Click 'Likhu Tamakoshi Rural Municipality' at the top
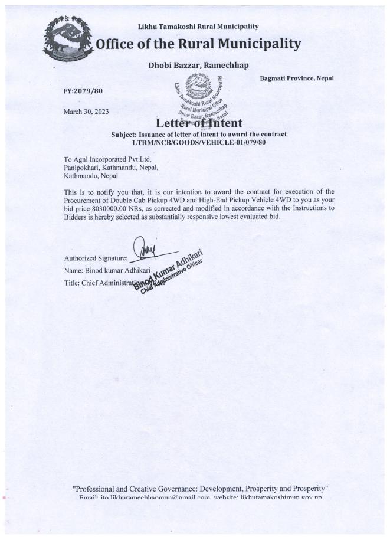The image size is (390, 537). click(198, 27)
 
